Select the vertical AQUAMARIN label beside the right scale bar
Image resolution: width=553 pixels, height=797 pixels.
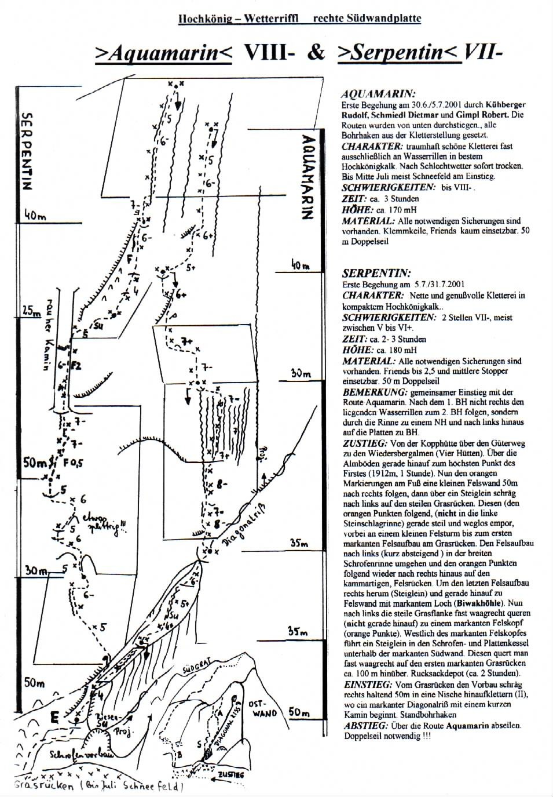point(308,177)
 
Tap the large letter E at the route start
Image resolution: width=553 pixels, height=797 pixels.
point(54,718)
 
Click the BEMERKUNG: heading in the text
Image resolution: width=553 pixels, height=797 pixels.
point(369,393)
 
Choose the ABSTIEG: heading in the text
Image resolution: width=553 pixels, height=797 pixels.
point(362,726)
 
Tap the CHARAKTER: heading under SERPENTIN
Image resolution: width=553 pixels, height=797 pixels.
point(369,296)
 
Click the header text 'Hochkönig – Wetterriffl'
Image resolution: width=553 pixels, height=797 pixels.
point(239,19)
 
